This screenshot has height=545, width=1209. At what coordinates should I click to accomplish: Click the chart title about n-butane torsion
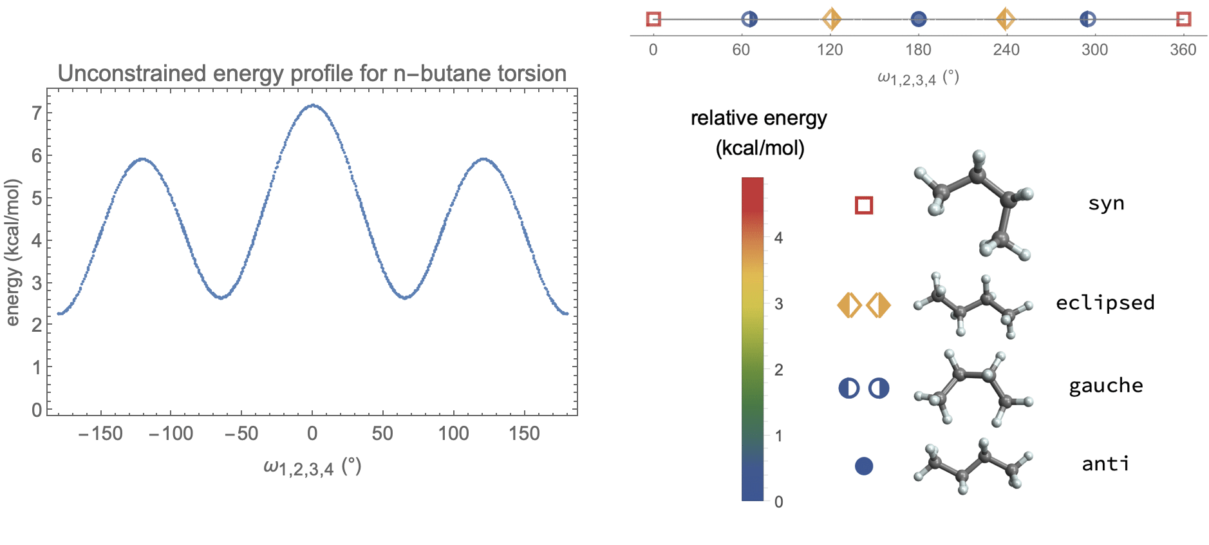312,73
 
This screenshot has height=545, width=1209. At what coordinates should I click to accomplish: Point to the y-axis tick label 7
37,113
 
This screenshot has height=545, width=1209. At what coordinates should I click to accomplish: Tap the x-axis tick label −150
100,434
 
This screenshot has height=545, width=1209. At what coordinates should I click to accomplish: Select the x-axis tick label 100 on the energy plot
453,434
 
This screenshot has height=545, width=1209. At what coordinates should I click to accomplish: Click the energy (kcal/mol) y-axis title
12,253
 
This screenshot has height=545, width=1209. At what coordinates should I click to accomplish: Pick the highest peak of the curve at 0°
313,105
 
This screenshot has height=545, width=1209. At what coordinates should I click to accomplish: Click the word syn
1106,204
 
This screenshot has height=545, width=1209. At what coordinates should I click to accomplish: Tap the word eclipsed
1105,303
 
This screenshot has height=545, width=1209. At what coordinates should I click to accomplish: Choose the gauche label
1105,386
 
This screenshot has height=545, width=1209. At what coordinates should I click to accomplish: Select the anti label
1105,464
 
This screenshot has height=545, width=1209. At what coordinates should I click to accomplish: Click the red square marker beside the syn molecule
864,206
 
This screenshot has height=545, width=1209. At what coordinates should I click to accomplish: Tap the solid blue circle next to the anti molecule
864,466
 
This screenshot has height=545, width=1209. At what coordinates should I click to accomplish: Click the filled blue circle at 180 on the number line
919,19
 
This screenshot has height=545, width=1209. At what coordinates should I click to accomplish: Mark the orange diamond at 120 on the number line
831,19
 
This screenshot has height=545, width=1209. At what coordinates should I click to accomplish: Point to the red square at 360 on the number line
1183,19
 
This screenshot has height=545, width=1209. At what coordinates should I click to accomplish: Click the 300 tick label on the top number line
1094,50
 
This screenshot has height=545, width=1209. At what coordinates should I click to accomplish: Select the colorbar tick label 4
778,238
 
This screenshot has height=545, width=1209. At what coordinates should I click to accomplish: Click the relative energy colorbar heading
759,133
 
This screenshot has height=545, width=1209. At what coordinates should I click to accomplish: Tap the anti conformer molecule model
972,466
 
